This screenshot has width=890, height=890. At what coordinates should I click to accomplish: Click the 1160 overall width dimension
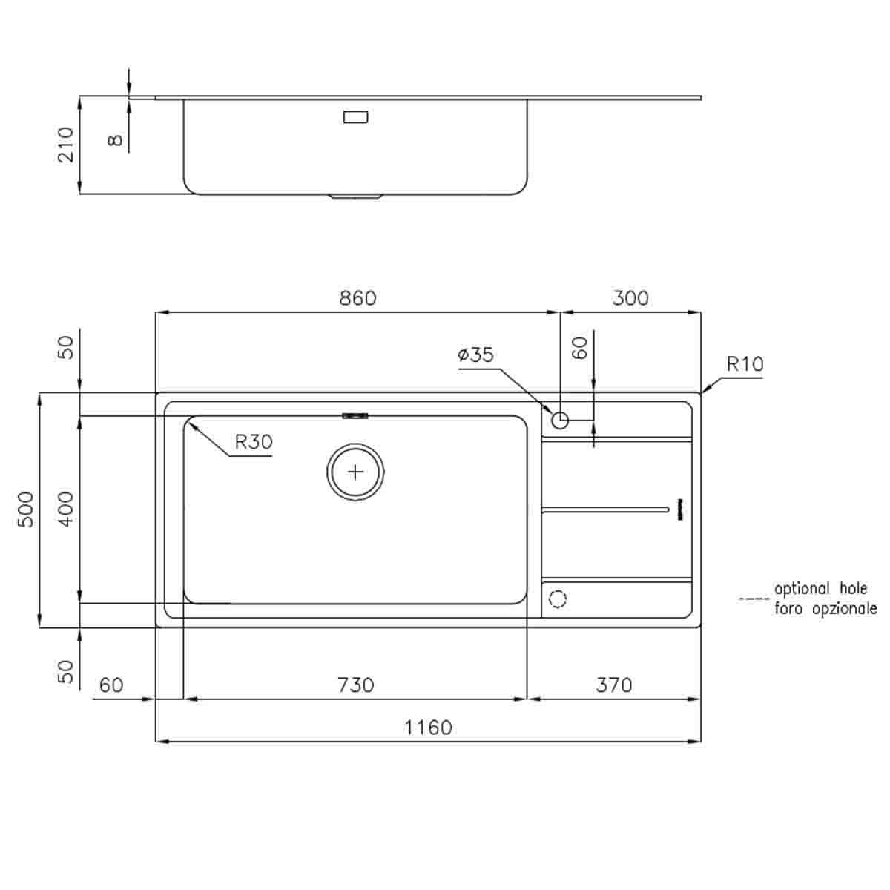click(428, 727)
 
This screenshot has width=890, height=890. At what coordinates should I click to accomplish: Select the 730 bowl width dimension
click(356, 684)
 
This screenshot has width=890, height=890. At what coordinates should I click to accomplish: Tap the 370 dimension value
click(613, 684)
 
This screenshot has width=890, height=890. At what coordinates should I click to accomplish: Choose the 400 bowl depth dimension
click(67, 509)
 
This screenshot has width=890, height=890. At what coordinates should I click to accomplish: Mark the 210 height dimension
click(67, 145)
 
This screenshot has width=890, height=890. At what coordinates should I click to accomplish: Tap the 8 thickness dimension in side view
click(115, 139)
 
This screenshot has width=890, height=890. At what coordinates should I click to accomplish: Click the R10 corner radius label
click(745, 364)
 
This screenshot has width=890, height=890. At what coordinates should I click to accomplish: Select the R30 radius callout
click(254, 442)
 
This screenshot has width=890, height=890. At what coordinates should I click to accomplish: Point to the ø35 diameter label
click(475, 355)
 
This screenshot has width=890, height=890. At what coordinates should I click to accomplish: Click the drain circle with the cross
click(356, 472)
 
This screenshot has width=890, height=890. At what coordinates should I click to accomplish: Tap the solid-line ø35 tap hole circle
click(560, 421)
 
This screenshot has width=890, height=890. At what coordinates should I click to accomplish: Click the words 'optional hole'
click(820, 589)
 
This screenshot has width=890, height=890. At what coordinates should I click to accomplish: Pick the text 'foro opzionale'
click(825, 609)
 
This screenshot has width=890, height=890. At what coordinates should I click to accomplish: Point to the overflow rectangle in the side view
click(356, 116)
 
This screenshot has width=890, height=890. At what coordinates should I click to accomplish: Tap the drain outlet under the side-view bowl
click(356, 197)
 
